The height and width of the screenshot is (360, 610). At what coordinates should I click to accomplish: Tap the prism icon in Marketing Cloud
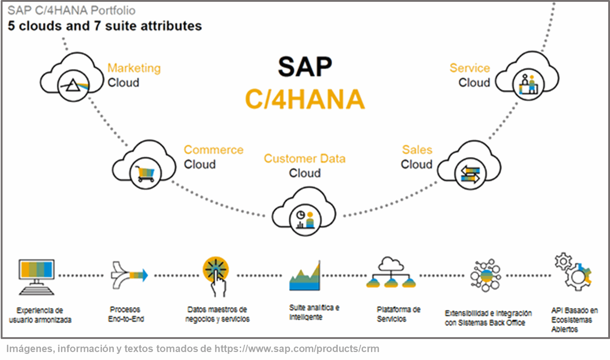coord(74,86)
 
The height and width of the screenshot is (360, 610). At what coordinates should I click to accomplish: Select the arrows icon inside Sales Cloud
coord(470,174)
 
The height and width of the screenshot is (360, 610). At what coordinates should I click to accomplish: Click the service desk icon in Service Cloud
coord(528,84)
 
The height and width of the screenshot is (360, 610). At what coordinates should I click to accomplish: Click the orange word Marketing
coord(134,68)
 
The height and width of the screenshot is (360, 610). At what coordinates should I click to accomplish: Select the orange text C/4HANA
coord(305,99)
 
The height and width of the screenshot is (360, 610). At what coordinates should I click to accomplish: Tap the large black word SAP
coord(305,67)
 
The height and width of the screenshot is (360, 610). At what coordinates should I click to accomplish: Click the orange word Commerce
coord(213,150)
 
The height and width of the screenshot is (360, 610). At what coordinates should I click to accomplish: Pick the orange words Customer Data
coord(305,158)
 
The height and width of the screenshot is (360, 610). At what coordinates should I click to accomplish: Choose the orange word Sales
coord(417,150)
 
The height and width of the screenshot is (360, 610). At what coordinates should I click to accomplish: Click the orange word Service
coord(470,68)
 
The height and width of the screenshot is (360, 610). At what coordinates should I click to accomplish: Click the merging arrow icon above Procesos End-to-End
coord(129,275)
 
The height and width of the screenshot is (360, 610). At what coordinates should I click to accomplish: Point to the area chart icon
coord(305,276)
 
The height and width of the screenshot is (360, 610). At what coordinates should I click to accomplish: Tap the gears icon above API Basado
coord(573,272)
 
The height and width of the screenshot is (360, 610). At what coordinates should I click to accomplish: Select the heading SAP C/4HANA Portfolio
coord(71,11)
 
